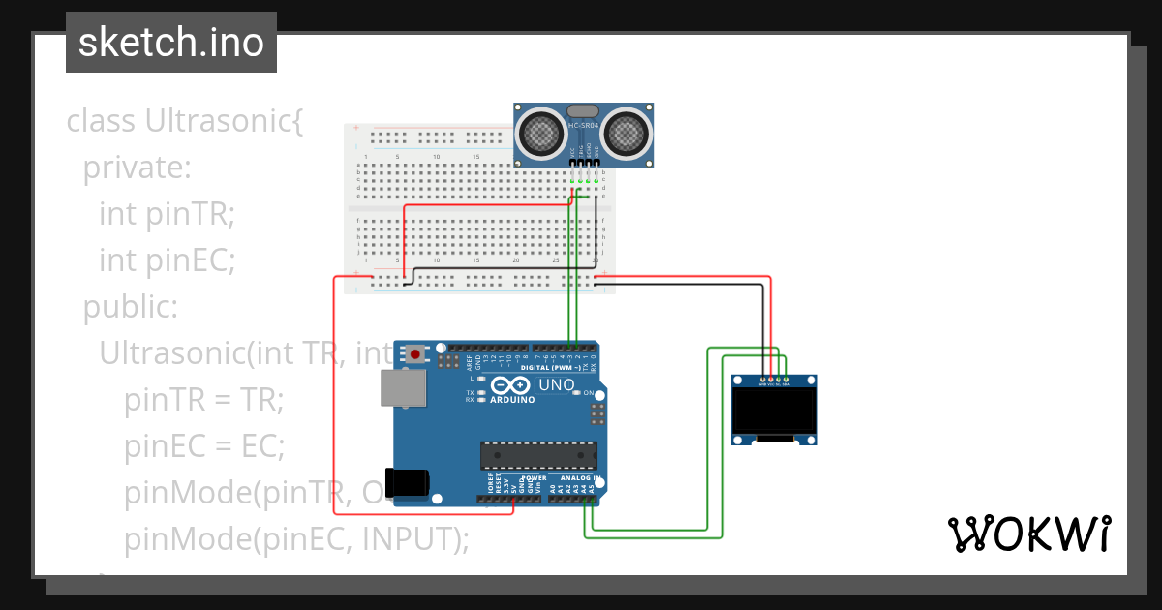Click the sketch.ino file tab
click(171, 43)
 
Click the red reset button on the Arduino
click(415, 354)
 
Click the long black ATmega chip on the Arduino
click(538, 454)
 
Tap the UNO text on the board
click(556, 384)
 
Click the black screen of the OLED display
click(774, 412)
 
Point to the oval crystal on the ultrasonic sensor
click(583, 111)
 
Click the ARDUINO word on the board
click(512, 399)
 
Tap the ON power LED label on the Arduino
click(588, 392)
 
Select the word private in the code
click(137, 168)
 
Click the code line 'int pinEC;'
click(167, 260)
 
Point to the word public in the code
click(130, 307)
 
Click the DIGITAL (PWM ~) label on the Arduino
click(551, 368)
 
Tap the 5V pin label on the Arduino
click(513, 484)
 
